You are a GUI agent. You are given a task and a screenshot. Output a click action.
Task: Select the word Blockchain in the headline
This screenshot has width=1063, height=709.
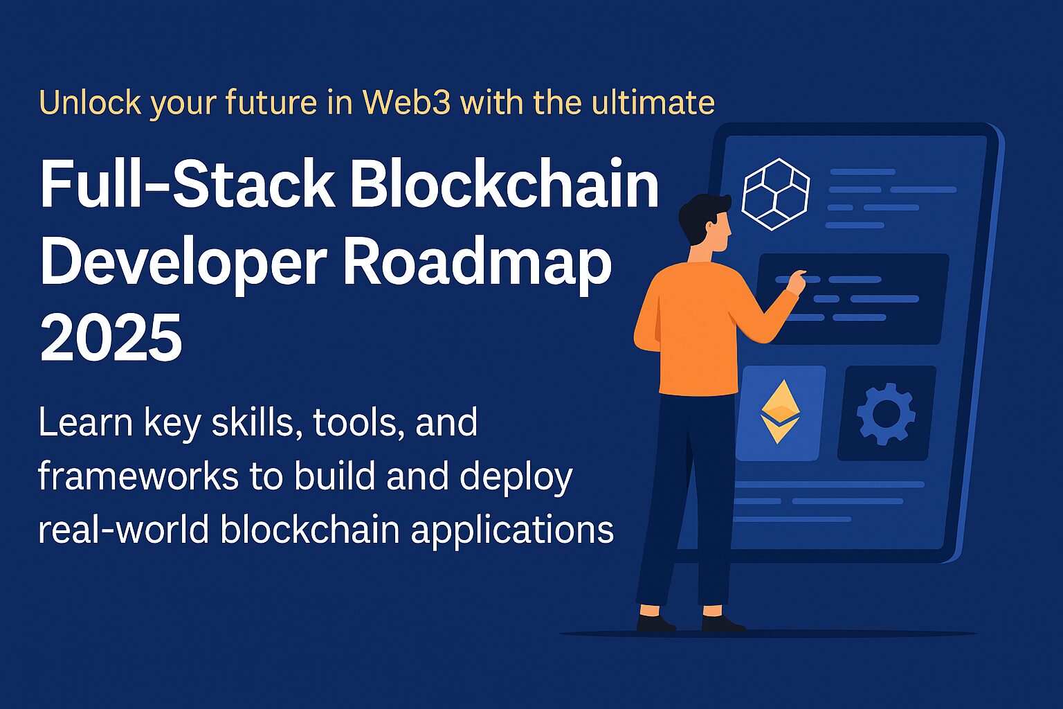[x=509, y=186]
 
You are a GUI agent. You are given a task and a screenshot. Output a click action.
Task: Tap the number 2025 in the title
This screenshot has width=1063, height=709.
[x=111, y=339]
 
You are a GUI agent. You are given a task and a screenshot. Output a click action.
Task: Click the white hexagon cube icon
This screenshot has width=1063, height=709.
[x=775, y=194]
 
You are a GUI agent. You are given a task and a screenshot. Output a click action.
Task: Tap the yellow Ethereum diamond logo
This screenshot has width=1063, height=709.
[x=780, y=411]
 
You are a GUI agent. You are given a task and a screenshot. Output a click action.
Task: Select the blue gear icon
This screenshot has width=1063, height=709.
[x=886, y=413]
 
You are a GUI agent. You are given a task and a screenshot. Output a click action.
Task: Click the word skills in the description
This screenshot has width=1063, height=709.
[x=255, y=422]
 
